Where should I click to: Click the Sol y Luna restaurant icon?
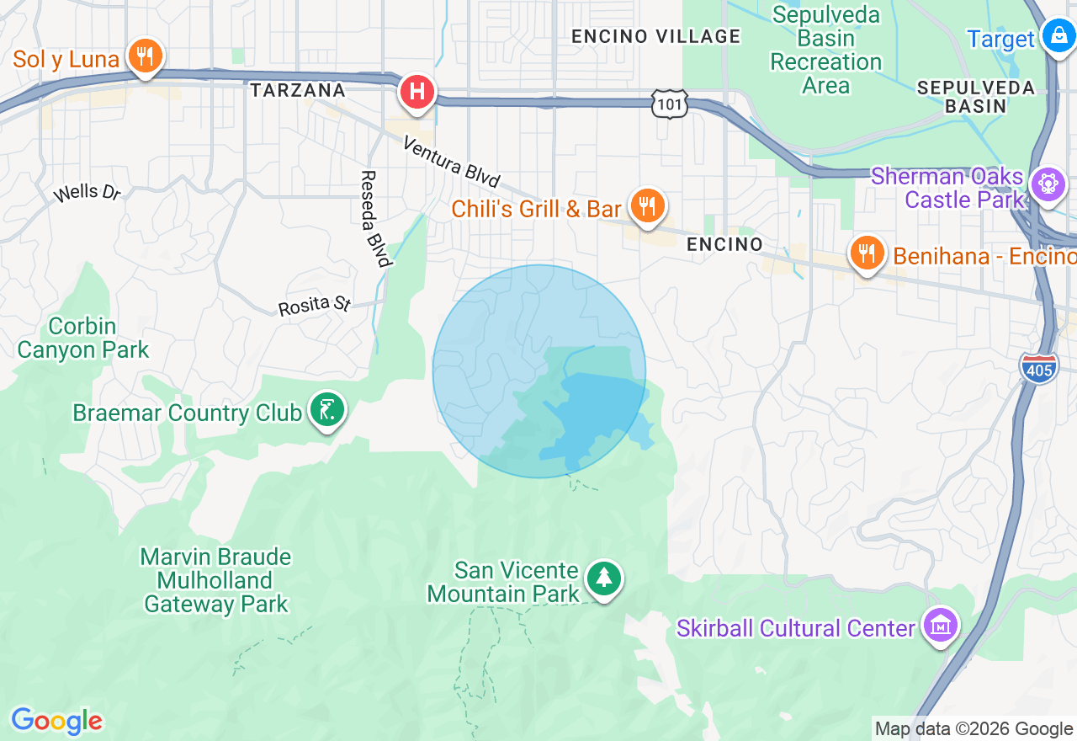click(145, 56)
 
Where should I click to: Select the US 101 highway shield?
click(669, 104)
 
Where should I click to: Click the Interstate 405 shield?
click(1039, 368)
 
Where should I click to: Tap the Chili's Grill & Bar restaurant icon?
click(646, 205)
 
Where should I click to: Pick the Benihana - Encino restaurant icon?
click(867, 253)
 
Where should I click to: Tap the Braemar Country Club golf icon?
click(326, 410)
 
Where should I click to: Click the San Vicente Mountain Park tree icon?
click(604, 578)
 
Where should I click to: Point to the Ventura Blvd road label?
click(452, 162)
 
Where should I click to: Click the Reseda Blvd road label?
click(374, 218)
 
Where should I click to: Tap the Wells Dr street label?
click(87, 193)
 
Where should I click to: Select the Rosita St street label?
click(314, 304)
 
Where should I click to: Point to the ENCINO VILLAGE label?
click(655, 36)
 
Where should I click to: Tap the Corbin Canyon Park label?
click(82, 338)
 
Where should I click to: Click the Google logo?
click(56, 722)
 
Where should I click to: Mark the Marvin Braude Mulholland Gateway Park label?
click(216, 580)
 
